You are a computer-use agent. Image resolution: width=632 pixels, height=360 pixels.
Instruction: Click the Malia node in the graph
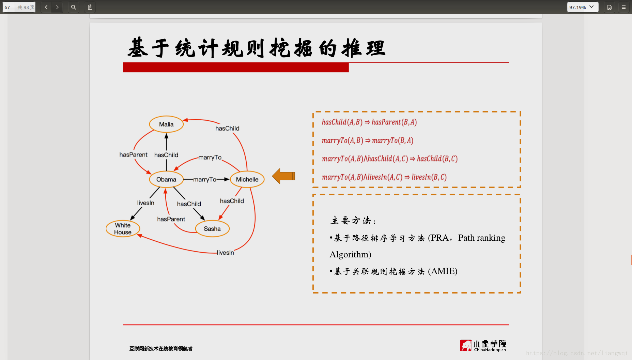click(x=166, y=124)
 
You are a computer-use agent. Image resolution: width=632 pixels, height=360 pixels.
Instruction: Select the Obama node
click(x=166, y=179)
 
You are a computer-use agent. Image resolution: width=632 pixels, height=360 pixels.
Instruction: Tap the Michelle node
click(x=247, y=179)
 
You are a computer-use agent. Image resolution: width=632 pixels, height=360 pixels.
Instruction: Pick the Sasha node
click(x=212, y=229)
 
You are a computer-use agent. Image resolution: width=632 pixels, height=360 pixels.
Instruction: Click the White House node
click(x=123, y=229)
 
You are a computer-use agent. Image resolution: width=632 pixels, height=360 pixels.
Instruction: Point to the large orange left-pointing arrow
click(x=283, y=176)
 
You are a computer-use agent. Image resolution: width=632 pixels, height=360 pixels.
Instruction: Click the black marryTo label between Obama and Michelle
click(x=205, y=179)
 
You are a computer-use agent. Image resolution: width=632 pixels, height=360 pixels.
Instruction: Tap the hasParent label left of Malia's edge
click(x=133, y=155)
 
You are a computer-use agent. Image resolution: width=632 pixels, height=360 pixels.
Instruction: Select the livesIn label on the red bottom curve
click(x=226, y=253)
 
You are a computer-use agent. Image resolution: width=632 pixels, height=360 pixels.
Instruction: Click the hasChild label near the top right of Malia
click(x=227, y=129)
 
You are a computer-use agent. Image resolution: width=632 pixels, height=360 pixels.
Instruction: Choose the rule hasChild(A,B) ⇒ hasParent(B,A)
click(x=369, y=122)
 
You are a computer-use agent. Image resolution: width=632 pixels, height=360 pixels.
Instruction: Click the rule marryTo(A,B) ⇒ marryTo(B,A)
click(x=368, y=140)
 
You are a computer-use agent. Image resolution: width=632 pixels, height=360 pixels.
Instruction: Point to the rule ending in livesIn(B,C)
click(x=384, y=177)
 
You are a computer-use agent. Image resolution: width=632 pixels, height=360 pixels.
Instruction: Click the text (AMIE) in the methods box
click(x=443, y=271)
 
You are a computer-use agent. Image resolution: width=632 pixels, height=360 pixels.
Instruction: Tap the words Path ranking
click(x=482, y=238)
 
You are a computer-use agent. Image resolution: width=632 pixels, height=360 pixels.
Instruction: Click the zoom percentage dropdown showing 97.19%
click(x=583, y=7)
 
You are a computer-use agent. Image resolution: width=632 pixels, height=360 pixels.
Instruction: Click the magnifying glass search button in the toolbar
click(x=73, y=7)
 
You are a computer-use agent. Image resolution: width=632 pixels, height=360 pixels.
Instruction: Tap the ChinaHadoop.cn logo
click(x=483, y=346)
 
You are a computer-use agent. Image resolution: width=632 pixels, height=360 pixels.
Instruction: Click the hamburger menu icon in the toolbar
click(x=624, y=7)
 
